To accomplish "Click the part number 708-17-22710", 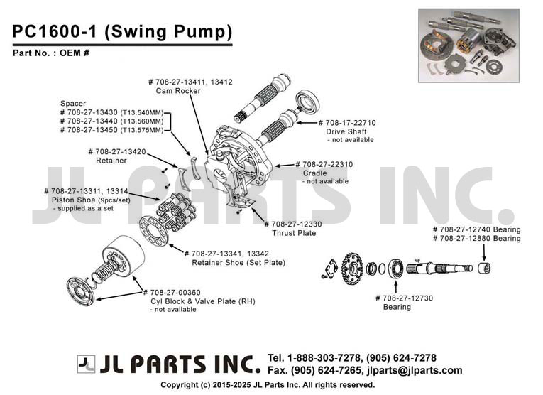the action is tap(347, 123).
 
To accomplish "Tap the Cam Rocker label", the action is tap(178, 91).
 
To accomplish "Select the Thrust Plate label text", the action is tap(294, 233).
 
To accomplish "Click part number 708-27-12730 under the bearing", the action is tap(404, 298).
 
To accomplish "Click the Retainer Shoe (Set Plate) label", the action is tap(238, 263).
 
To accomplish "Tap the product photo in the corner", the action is tap(469, 45).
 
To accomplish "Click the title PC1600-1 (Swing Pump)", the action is tap(122, 31).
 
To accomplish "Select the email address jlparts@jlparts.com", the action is tap(415, 370).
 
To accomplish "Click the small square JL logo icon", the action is tap(86, 364).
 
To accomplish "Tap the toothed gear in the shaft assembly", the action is tap(351, 269).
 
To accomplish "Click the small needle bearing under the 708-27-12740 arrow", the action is tap(484, 268).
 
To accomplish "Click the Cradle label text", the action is tap(314, 173).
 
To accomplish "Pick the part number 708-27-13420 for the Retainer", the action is tap(117, 151).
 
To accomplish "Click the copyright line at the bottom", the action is tap(268, 384).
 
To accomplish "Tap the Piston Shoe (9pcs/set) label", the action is tap(91, 200).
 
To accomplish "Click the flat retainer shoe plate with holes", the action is tap(154, 230).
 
